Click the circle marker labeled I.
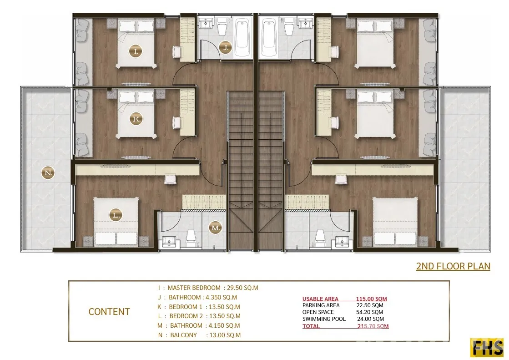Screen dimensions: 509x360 136,51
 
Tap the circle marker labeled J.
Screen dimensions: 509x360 226,48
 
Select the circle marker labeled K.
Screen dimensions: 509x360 136,119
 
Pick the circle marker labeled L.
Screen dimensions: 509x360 116,215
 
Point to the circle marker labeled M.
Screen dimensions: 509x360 216,228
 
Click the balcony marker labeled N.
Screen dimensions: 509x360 48,173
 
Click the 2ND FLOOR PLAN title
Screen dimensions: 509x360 453,266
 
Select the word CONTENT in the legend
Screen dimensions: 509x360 109,312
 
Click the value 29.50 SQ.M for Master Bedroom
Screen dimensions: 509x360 242,288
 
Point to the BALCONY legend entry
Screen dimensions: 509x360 184,335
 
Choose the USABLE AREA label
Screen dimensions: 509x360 320,299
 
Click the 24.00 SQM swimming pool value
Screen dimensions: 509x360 370,319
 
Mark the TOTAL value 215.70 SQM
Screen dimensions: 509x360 373,326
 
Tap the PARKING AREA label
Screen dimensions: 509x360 321,305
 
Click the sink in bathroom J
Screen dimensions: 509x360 206,23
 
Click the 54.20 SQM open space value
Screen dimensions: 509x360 369,312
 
